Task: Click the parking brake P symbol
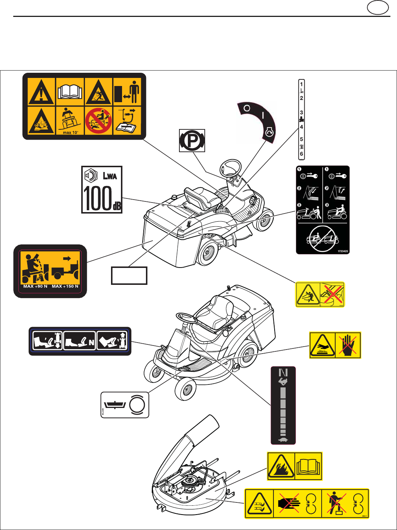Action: click(192, 140)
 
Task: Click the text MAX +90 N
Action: click(35, 286)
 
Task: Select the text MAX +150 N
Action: click(65, 286)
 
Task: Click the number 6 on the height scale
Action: click(301, 154)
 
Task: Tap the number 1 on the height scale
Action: click(301, 84)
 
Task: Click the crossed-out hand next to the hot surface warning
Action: click(348, 345)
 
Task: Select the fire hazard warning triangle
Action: click(281, 466)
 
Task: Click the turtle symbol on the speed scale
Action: click(283, 440)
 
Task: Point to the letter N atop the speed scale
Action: click(283, 373)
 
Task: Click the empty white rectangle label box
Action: click(129, 276)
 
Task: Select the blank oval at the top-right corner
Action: click(378, 8)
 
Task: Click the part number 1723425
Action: click(343, 251)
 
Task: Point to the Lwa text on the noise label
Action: click(110, 176)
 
